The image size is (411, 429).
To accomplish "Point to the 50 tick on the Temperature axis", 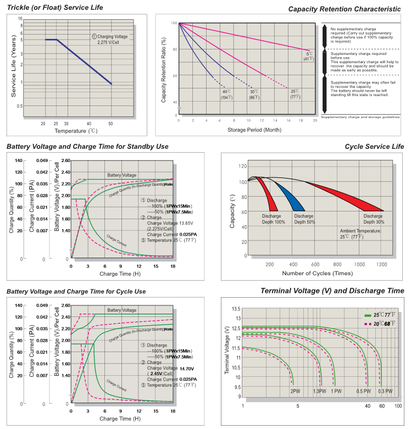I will click(x=110, y=124).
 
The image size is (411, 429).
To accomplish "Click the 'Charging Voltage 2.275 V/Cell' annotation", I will click(x=110, y=39).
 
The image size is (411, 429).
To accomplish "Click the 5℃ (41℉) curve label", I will click(x=310, y=56).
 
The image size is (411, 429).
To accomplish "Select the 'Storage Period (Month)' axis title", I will click(x=248, y=130).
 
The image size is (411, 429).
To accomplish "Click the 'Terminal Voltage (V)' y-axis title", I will click(x=227, y=350).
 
